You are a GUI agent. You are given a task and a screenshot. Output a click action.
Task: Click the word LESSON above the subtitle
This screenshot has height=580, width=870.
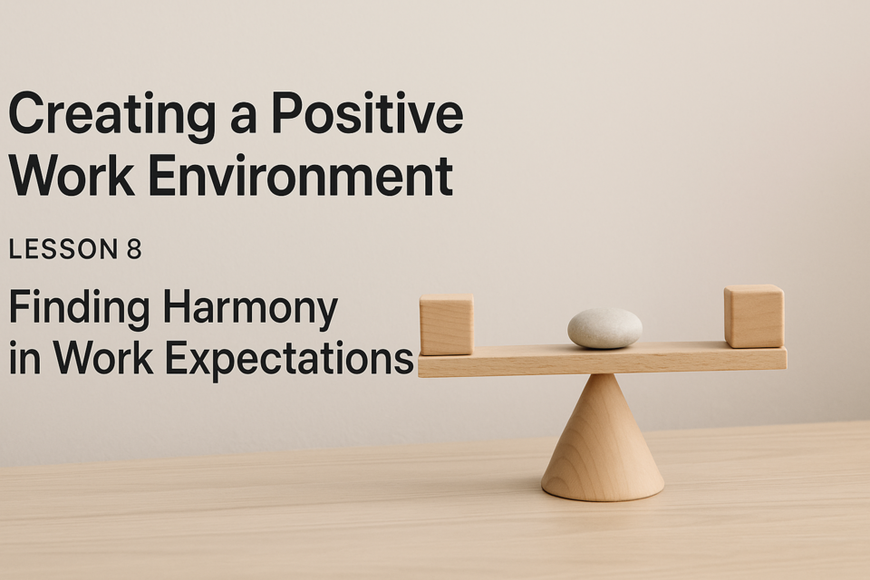(x=63, y=249)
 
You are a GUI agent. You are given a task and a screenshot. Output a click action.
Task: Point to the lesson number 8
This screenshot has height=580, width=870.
(x=134, y=249)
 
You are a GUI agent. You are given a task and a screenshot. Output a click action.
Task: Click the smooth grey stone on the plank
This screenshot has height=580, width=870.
(x=604, y=328)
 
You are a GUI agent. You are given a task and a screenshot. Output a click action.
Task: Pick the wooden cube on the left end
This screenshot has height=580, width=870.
(x=446, y=324)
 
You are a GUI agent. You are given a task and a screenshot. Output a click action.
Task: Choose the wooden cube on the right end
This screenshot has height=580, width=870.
(x=753, y=316)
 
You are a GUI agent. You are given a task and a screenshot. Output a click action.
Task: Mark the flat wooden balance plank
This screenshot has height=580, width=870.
(x=602, y=360)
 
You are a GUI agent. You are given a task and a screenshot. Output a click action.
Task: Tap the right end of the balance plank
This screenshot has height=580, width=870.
(x=786, y=358)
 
